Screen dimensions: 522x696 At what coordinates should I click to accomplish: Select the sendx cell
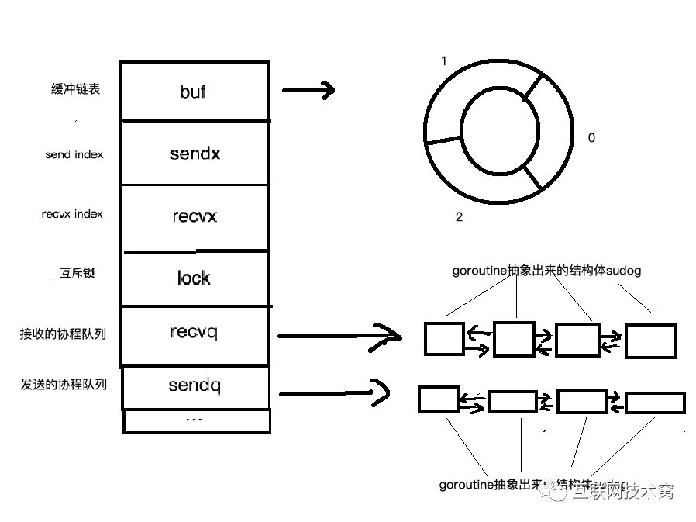tap(195, 153)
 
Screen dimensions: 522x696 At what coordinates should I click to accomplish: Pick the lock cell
tap(195, 278)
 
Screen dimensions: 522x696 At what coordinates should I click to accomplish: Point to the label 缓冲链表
tap(75, 89)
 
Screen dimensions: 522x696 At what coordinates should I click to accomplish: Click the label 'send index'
tap(74, 154)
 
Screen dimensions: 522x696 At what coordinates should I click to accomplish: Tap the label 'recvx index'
tap(72, 214)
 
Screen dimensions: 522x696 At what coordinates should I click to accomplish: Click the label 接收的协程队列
tap(63, 335)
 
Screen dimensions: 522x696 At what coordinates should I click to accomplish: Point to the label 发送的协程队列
tap(63, 384)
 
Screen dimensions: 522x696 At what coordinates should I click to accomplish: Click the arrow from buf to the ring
tap(308, 90)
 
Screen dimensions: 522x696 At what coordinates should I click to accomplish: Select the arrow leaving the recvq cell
tap(338, 336)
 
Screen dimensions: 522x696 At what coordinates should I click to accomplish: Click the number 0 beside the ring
tap(592, 138)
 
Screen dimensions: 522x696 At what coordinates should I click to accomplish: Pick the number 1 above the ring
tap(443, 60)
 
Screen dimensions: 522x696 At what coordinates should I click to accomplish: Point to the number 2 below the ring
tap(459, 217)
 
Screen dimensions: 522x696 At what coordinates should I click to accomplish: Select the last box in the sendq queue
tap(655, 403)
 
